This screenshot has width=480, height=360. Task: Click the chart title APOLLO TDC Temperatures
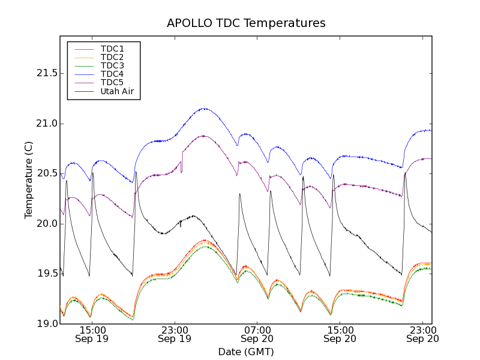pos(246,23)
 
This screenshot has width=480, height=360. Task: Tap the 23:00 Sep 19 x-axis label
pos(175,334)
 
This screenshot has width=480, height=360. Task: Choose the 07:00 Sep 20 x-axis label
pos(257,334)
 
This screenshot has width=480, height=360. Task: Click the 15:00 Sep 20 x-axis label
pos(340,334)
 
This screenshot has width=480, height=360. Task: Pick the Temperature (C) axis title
pos(29,180)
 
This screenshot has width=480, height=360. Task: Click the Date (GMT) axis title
pos(246,352)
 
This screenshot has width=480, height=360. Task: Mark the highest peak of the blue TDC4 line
pos(205,109)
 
